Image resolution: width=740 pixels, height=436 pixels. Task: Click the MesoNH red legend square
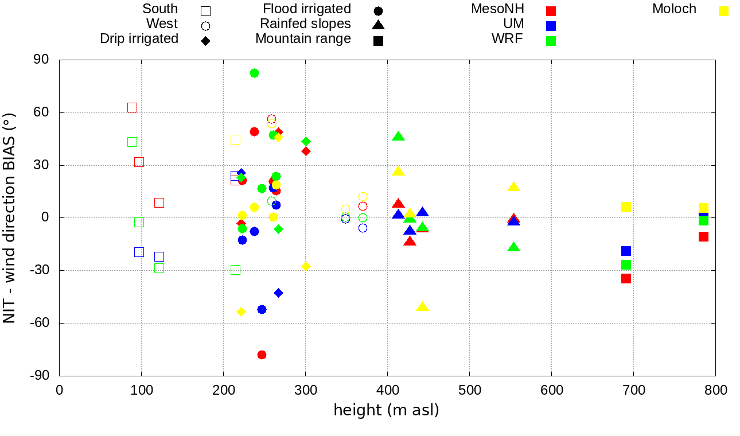pyautogui.click(x=551, y=11)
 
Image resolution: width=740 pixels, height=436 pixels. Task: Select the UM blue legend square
pyautogui.click(x=551, y=26)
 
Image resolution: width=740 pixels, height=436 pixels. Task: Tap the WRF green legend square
pyautogui.click(x=551, y=41)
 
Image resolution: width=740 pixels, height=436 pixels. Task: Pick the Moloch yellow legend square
pyautogui.click(x=724, y=11)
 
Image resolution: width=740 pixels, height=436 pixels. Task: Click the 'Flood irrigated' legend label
pyautogui.click(x=307, y=9)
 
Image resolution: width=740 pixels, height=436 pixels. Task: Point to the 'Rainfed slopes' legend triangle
pyautogui.click(x=378, y=25)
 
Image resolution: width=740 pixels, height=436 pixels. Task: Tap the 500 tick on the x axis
pyautogui.click(x=470, y=390)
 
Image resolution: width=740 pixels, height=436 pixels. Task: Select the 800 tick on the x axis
pyautogui.click(x=716, y=390)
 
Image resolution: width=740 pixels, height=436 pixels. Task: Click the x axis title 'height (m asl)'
pyautogui.click(x=386, y=410)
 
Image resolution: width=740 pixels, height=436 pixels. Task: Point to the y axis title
pyautogui.click(x=10, y=217)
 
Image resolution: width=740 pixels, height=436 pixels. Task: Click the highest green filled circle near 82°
pyautogui.click(x=254, y=73)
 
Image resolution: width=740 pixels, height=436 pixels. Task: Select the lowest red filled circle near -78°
pyautogui.click(x=262, y=355)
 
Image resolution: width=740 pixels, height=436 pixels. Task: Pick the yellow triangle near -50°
pyautogui.click(x=422, y=306)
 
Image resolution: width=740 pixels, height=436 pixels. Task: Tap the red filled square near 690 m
pyautogui.click(x=626, y=278)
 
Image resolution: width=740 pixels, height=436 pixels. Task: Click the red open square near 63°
pyautogui.click(x=132, y=107)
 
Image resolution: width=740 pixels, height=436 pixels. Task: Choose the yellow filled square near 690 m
pyautogui.click(x=626, y=207)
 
